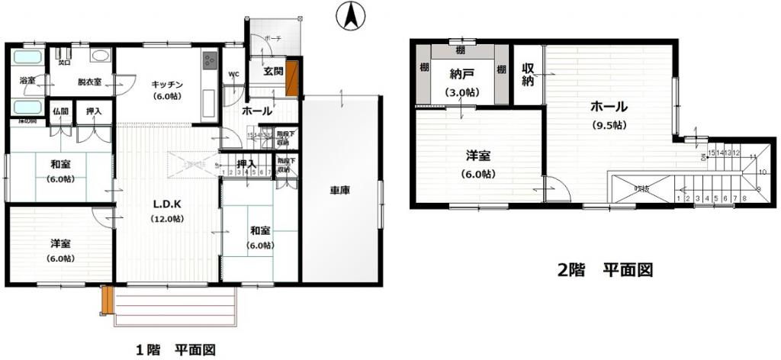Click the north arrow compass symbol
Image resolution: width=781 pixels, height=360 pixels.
[351, 16]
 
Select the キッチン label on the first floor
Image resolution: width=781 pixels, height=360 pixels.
[166, 84]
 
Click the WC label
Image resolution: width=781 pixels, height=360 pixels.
[233, 74]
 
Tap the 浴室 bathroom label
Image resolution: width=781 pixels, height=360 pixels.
[27, 79]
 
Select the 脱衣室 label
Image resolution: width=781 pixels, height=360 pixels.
[89, 82]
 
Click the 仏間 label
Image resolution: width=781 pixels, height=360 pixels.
[61, 111]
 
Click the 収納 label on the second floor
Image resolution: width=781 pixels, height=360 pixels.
[527, 75]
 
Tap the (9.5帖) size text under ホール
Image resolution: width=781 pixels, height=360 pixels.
[608, 125]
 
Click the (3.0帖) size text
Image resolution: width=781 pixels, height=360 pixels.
[462, 92]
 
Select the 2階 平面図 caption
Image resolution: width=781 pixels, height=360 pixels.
[606, 269]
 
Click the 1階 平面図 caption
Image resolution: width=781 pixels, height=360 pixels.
[175, 350]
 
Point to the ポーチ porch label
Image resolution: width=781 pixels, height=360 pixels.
[272, 38]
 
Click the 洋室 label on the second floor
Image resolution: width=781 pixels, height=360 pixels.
[478, 156]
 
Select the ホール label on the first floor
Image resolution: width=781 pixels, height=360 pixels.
[257, 111]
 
